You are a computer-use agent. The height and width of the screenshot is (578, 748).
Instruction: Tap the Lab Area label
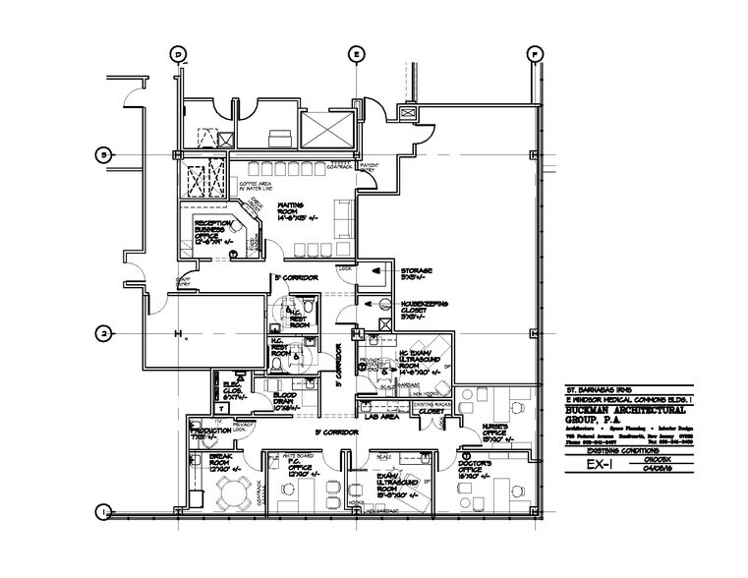[x=382, y=416]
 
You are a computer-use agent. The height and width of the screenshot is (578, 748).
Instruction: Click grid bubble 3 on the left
[x=101, y=153]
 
